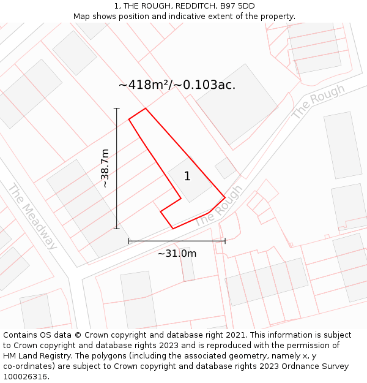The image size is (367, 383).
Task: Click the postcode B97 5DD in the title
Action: pos(237,6)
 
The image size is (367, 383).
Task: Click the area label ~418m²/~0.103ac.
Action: pos(177,85)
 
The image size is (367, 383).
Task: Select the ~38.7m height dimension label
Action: pos(105,168)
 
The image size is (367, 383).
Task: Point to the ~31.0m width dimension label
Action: pos(177,253)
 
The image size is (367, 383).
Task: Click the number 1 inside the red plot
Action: pos(187,176)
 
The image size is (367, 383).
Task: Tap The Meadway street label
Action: pos(32,216)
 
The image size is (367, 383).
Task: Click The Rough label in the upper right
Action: pos(318,102)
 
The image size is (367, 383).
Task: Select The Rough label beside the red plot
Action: pos(218,207)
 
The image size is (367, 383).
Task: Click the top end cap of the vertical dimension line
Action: pos(116,108)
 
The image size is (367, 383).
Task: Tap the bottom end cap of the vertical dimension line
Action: pos(116,229)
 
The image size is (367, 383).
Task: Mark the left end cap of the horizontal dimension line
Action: pos(129,241)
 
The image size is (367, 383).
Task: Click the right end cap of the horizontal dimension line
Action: pos(225,241)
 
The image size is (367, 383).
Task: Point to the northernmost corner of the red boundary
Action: pos(146,108)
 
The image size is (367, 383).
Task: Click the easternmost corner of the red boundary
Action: pos(225,197)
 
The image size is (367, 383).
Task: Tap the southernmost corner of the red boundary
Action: pos(173,229)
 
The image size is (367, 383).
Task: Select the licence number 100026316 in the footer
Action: pos(25,377)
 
